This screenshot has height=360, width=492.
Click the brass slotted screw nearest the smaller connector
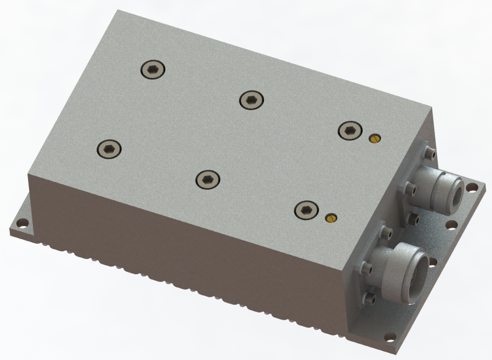(x=374, y=138)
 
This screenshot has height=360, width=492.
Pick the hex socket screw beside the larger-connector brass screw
(x=305, y=210)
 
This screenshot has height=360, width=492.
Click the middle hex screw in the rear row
(x=251, y=99)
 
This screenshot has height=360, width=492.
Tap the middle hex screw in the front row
(x=207, y=179)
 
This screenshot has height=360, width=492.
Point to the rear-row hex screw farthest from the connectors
(x=152, y=69)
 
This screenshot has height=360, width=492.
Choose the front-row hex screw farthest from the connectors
(x=109, y=148)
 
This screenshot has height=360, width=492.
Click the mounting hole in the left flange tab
(x=21, y=224)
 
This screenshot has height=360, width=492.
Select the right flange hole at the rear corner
(x=472, y=188)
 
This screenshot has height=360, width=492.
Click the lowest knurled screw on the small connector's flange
(x=414, y=219)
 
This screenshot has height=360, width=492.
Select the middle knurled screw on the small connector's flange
(x=409, y=188)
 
